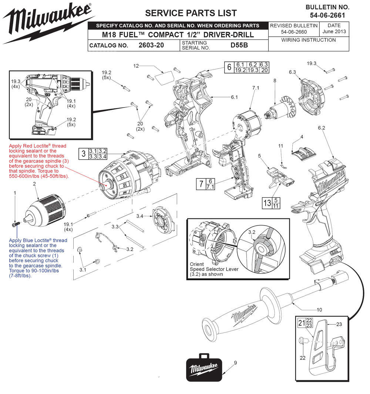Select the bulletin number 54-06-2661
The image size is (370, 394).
(x=327, y=15)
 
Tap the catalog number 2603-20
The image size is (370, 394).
(x=151, y=45)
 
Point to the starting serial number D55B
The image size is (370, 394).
(x=239, y=45)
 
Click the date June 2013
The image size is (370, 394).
(x=334, y=32)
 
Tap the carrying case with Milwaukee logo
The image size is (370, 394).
(x=204, y=367)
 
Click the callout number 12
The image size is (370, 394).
(x=136, y=66)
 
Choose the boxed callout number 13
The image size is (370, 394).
(x=267, y=203)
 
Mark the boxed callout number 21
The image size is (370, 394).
(x=302, y=323)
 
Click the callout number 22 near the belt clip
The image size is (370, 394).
(x=303, y=358)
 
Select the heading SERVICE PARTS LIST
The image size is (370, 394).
(x=191, y=13)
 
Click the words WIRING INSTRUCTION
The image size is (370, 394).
(x=308, y=40)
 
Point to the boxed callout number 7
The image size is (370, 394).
(x=201, y=184)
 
